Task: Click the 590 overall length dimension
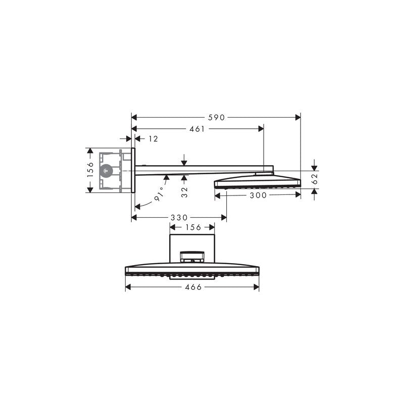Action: (216, 117)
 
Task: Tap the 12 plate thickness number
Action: (153, 138)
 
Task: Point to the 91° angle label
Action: (160, 194)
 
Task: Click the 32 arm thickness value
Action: (185, 191)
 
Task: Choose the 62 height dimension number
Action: (314, 177)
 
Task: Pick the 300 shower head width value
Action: (258, 195)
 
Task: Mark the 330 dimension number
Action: (179, 218)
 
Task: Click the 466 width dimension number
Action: (193, 287)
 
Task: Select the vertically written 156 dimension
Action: (90, 170)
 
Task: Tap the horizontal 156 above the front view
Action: (192, 228)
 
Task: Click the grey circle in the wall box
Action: (106, 171)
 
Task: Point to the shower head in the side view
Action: (258, 181)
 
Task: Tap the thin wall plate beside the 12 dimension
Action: (133, 170)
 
